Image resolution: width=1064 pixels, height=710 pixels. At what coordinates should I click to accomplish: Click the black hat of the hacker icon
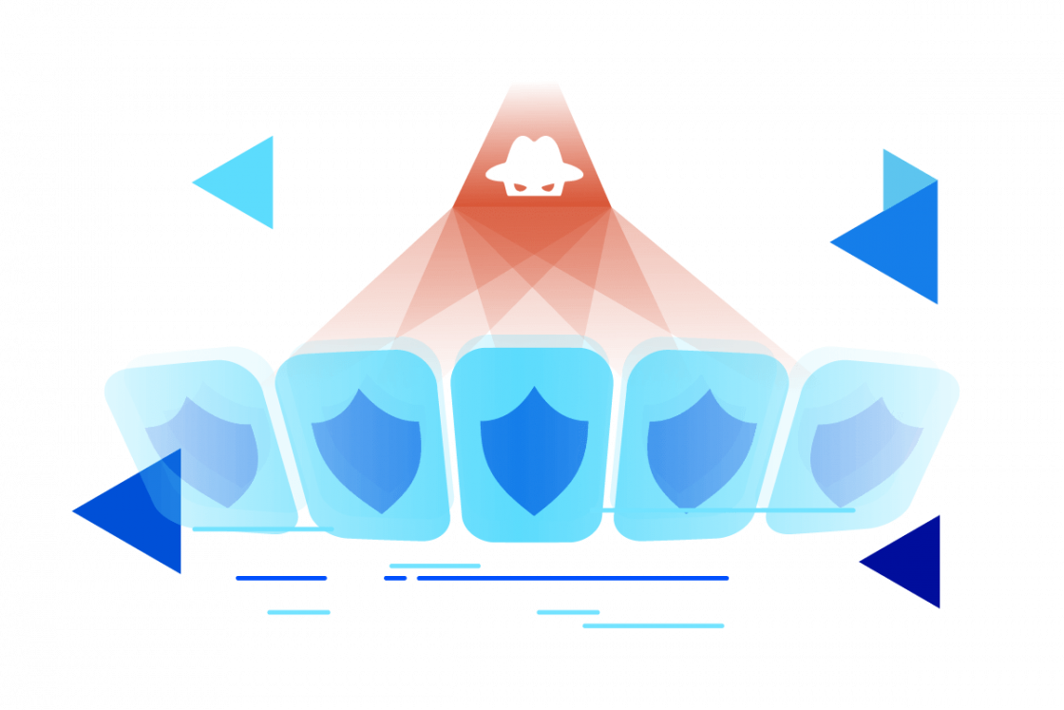(534, 159)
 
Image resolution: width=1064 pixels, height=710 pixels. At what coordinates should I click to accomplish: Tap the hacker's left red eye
(520, 186)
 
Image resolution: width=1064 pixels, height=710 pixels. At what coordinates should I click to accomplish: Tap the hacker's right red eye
(549, 186)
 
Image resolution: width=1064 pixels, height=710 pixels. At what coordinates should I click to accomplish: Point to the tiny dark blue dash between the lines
(395, 578)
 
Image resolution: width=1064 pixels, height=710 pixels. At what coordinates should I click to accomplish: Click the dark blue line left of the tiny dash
(281, 578)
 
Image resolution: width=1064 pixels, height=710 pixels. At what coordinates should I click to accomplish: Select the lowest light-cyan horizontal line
(654, 625)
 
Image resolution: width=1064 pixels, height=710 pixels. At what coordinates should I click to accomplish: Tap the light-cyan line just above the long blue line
(434, 566)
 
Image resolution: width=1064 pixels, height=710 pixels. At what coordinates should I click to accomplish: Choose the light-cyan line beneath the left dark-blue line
(298, 612)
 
